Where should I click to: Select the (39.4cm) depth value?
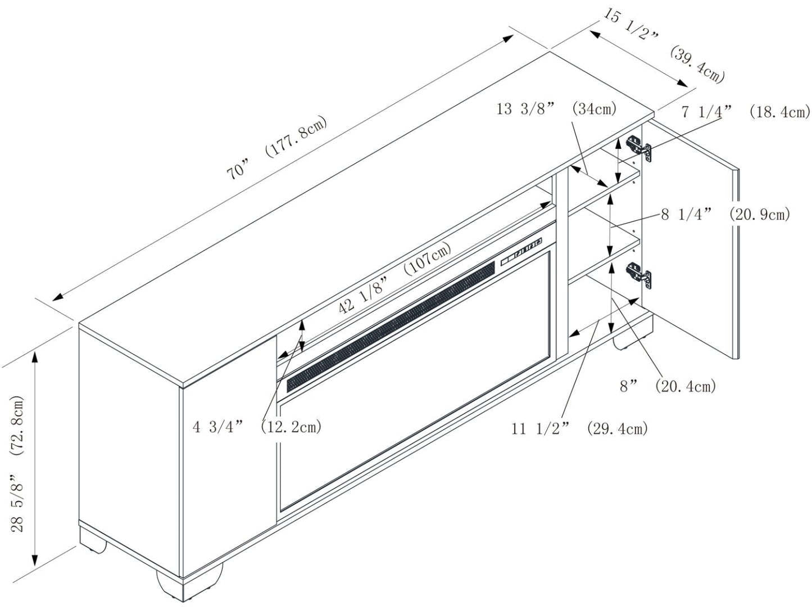[x=697, y=65]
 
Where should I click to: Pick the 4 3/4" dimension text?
[x=218, y=427]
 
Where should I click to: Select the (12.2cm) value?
[x=291, y=427]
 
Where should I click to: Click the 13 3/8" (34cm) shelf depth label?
[x=556, y=108]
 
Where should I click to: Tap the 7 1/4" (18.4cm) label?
[x=745, y=112]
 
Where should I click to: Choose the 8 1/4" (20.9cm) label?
[x=725, y=214]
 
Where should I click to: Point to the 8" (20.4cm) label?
[x=668, y=386]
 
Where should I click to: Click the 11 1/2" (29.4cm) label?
[x=579, y=429]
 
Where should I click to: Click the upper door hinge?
[x=640, y=148]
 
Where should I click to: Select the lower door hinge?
[x=640, y=275]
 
